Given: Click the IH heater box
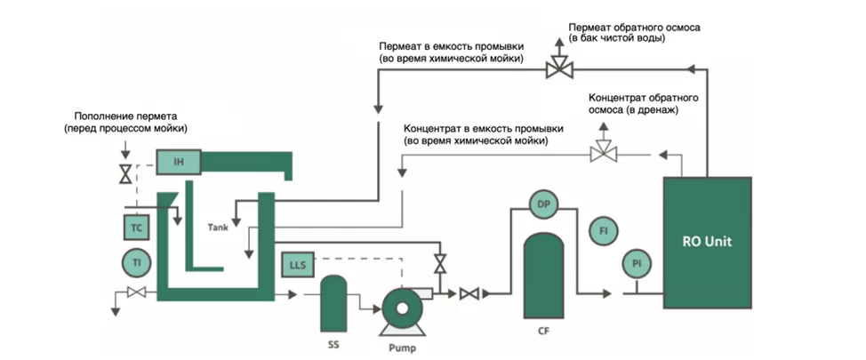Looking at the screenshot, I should [179, 162].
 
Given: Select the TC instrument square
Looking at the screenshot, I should [137, 228].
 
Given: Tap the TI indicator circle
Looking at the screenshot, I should [137, 263].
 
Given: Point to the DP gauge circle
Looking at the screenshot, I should [541, 205].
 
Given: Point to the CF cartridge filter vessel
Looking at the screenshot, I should [541, 275].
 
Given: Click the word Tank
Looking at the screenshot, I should [218, 227].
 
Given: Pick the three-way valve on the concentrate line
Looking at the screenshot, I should [604, 155].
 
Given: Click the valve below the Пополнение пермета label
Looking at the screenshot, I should [125, 172].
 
